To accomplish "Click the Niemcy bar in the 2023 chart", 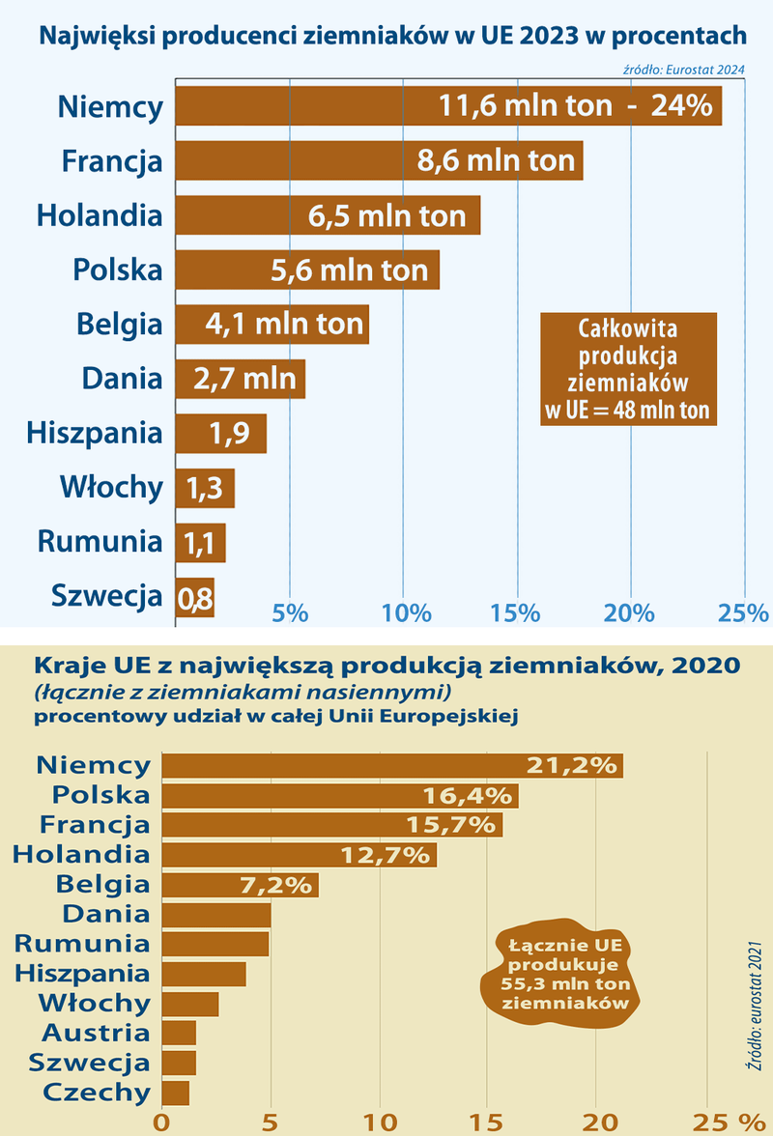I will (447, 105).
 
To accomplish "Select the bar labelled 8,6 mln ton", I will (379, 159).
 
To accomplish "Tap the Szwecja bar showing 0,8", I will (194, 598).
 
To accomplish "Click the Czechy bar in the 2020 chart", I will (175, 1093).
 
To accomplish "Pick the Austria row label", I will (96, 1033).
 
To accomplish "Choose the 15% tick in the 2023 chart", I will (516, 611).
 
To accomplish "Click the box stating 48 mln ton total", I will (627, 368).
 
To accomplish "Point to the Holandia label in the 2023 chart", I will (100, 214).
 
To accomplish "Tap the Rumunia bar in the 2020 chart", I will (215, 944).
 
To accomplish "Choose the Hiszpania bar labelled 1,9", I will (220, 434).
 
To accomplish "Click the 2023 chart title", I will (392, 37).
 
